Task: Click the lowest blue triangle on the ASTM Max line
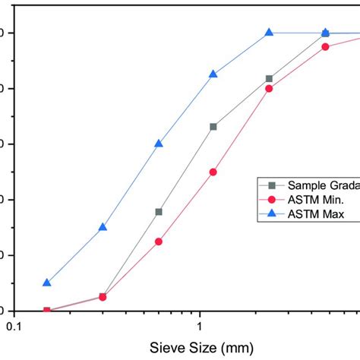tap(47, 283)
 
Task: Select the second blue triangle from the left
tap(103, 227)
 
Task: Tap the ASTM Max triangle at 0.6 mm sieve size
tap(159, 144)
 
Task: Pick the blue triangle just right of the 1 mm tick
tap(213, 74)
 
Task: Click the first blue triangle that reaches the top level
tap(269, 33)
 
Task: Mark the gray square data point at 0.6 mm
tap(159, 212)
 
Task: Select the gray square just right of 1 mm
tap(213, 127)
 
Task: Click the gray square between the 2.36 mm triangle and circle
tap(269, 79)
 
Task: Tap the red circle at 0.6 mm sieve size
tap(159, 242)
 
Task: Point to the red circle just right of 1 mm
tap(213, 172)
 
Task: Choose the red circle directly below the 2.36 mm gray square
tap(269, 89)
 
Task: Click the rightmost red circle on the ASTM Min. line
tap(325, 46)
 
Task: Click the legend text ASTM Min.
tap(315, 200)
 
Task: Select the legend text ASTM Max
tap(316, 214)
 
